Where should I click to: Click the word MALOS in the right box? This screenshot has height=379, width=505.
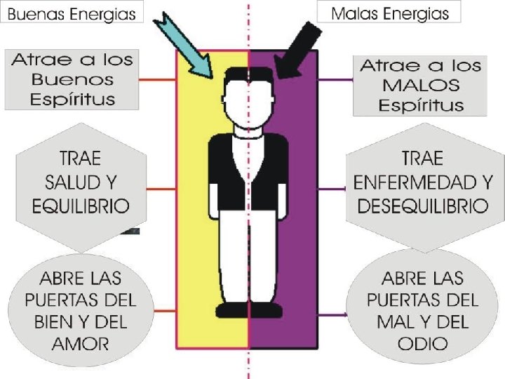(x=422, y=86)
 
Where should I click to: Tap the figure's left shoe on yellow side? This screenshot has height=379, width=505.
(x=232, y=310)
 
